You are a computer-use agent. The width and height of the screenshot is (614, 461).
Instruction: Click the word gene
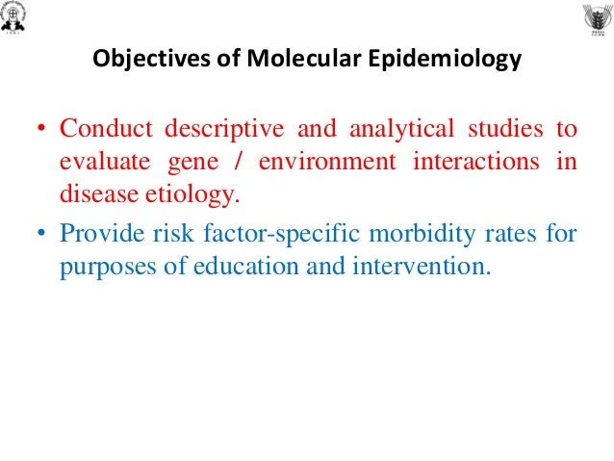[x=176, y=161]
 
